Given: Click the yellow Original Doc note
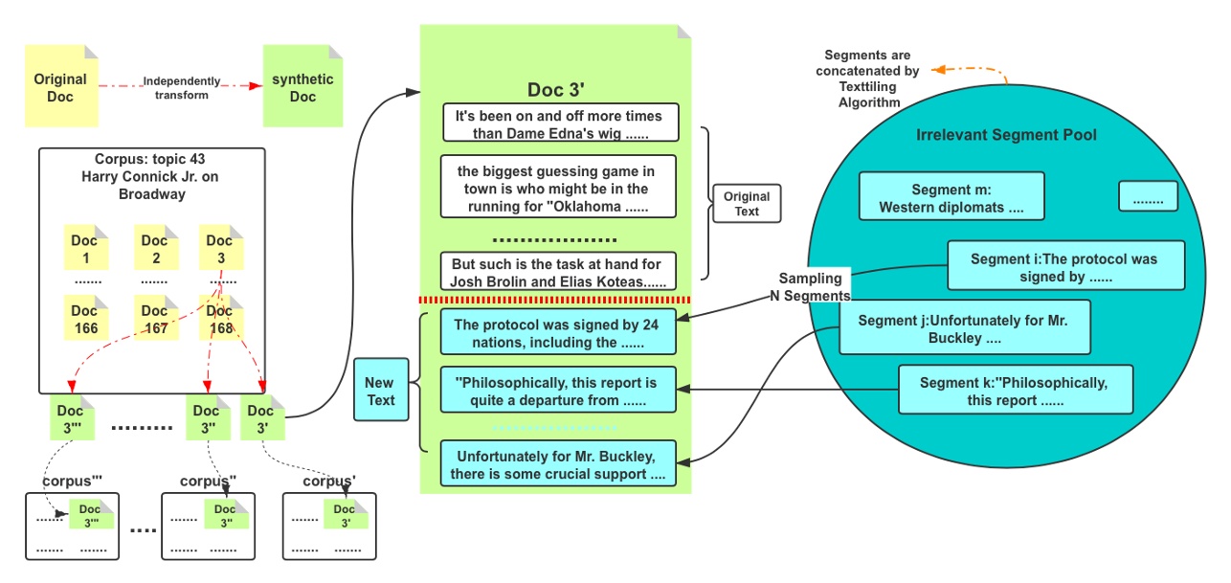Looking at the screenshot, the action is tap(61, 86).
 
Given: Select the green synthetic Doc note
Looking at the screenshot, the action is tap(302, 86).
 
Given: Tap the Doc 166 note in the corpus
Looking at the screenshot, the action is tap(86, 318).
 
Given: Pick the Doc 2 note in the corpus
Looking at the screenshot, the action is tap(156, 247).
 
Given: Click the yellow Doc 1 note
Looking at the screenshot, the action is tap(86, 247).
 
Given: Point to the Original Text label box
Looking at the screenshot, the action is tap(747, 203).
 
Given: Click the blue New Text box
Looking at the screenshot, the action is tap(381, 390).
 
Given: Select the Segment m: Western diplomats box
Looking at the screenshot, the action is tap(951, 196).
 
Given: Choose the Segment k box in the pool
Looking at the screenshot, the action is tap(1015, 390).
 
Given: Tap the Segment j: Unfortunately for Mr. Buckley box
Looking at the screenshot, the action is tap(965, 327).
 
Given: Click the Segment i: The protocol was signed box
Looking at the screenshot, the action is tap(1065, 265).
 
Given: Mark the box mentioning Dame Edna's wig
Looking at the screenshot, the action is tap(561, 123).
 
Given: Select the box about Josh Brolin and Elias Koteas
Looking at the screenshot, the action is tap(558, 272).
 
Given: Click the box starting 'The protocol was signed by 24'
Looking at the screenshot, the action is tap(558, 332).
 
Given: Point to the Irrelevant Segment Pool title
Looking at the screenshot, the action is tap(1006, 135).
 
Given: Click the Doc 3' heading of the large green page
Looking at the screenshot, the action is tap(555, 90).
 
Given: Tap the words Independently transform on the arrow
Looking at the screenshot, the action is tap(181, 88).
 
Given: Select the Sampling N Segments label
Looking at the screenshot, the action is tap(810, 287).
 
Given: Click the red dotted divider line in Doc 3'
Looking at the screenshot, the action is tap(554, 300).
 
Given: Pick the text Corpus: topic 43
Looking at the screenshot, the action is tap(149, 159).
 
